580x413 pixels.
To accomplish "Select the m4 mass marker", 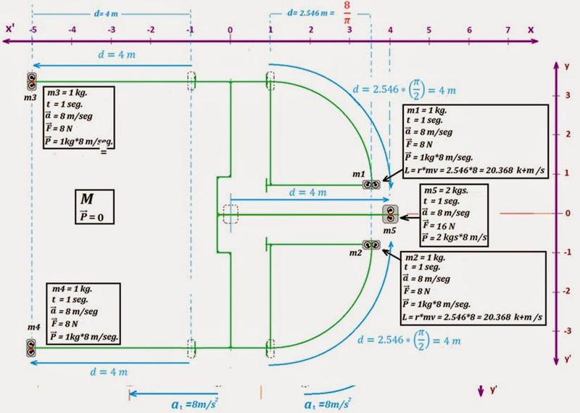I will point(33,347).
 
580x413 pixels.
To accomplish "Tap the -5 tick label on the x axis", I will point(33,31).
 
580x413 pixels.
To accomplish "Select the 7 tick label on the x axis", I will point(510,31).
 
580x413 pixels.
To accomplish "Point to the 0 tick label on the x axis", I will point(230,31).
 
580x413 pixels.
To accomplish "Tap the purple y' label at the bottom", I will point(493,391).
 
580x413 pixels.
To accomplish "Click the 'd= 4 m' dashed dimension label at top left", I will point(110,15).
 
